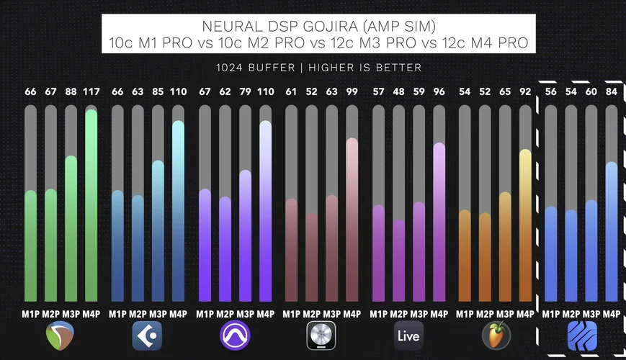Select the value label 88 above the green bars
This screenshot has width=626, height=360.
pyautogui.click(x=71, y=91)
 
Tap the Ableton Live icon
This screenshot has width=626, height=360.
pyautogui.click(x=408, y=336)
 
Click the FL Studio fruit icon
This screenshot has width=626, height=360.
pyautogui.click(x=496, y=336)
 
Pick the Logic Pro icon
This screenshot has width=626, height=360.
pyautogui.click(x=321, y=336)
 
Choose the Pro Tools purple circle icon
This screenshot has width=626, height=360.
pyautogui.click(x=235, y=336)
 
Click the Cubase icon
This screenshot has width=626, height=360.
pyautogui.click(x=148, y=336)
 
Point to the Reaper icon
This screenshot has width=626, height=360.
pyautogui.click(x=60, y=336)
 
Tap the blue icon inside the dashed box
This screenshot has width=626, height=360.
pyautogui.click(x=581, y=336)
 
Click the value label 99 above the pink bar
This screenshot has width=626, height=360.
pyautogui.click(x=352, y=91)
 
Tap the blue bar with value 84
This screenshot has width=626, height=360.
pyautogui.click(x=612, y=231)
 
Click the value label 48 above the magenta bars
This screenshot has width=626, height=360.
pyautogui.click(x=398, y=91)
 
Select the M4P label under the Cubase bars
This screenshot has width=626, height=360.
pyautogui.click(x=178, y=314)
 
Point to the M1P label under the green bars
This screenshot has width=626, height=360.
pyautogui.click(x=30, y=314)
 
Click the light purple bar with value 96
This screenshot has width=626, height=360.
pyautogui.click(x=439, y=222)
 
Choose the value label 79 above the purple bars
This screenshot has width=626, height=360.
pyautogui.click(x=245, y=91)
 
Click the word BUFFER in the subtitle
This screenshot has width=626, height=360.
pyautogui.click(x=265, y=67)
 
